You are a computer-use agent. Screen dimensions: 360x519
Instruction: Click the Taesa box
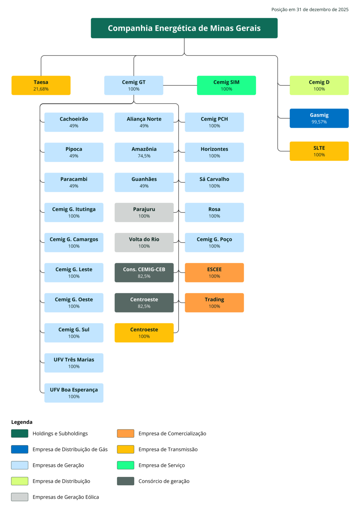[x=41, y=85]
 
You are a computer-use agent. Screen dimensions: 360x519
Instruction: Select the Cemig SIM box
[x=226, y=85]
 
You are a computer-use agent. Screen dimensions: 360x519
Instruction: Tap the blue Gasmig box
[x=319, y=118]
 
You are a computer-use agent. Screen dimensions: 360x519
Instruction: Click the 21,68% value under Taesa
[x=41, y=89]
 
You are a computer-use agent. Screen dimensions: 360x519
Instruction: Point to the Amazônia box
[x=144, y=152]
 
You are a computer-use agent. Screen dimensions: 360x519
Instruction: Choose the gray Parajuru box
[x=144, y=213]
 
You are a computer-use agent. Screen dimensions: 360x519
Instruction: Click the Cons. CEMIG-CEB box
[x=144, y=272]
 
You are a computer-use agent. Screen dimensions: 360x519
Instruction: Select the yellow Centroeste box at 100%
[x=144, y=333]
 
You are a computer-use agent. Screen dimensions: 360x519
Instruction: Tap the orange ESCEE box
[x=214, y=272]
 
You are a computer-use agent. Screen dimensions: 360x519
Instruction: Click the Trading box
[x=214, y=303]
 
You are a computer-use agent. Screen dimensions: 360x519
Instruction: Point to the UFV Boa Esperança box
[x=74, y=393]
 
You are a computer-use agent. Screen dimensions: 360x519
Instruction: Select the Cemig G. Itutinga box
[x=74, y=213]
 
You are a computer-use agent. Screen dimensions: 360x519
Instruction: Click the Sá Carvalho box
[x=214, y=182]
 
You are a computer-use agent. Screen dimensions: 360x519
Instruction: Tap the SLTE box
[x=319, y=151]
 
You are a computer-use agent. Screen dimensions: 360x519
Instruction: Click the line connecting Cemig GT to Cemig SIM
[x=180, y=85]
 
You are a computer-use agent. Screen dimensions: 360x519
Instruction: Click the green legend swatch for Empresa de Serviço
[x=126, y=465]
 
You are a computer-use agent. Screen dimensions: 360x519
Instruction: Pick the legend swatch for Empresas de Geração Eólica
[x=20, y=497]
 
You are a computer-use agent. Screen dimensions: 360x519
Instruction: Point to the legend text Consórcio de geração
[x=164, y=481]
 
